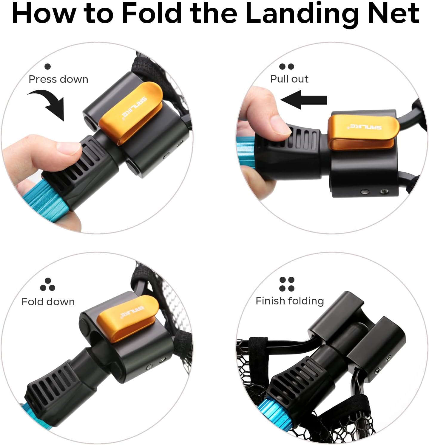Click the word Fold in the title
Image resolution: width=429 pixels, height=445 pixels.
(152, 13)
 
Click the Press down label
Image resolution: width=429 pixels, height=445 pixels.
(58, 79)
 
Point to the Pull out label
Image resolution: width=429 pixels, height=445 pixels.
(289, 79)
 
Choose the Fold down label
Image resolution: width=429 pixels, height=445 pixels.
(48, 302)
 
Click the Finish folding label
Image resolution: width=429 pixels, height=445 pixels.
(290, 301)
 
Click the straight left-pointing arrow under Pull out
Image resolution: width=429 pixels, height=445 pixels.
(304, 99)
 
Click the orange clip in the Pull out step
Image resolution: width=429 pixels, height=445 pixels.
(363, 132)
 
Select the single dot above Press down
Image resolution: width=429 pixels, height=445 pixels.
(47, 66)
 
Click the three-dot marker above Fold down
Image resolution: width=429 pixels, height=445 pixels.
(47, 284)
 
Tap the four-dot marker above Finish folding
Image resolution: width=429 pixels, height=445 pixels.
(287, 284)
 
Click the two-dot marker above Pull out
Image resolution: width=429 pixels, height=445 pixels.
(287, 66)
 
